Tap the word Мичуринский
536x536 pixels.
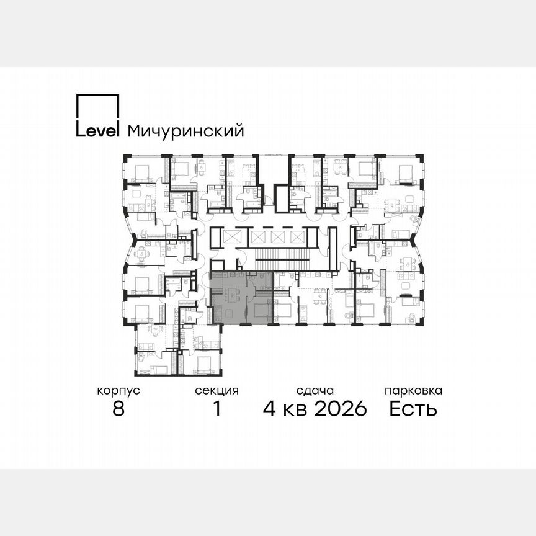185,132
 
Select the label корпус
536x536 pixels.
118,391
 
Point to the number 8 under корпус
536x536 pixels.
118,409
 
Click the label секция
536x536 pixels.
217,391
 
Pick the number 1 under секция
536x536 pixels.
217,409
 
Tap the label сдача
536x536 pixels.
315,391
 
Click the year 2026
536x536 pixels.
341,409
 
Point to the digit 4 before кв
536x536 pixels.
270,409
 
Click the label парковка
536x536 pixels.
413,391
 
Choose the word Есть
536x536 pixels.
413,409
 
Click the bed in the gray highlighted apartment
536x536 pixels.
261,308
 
